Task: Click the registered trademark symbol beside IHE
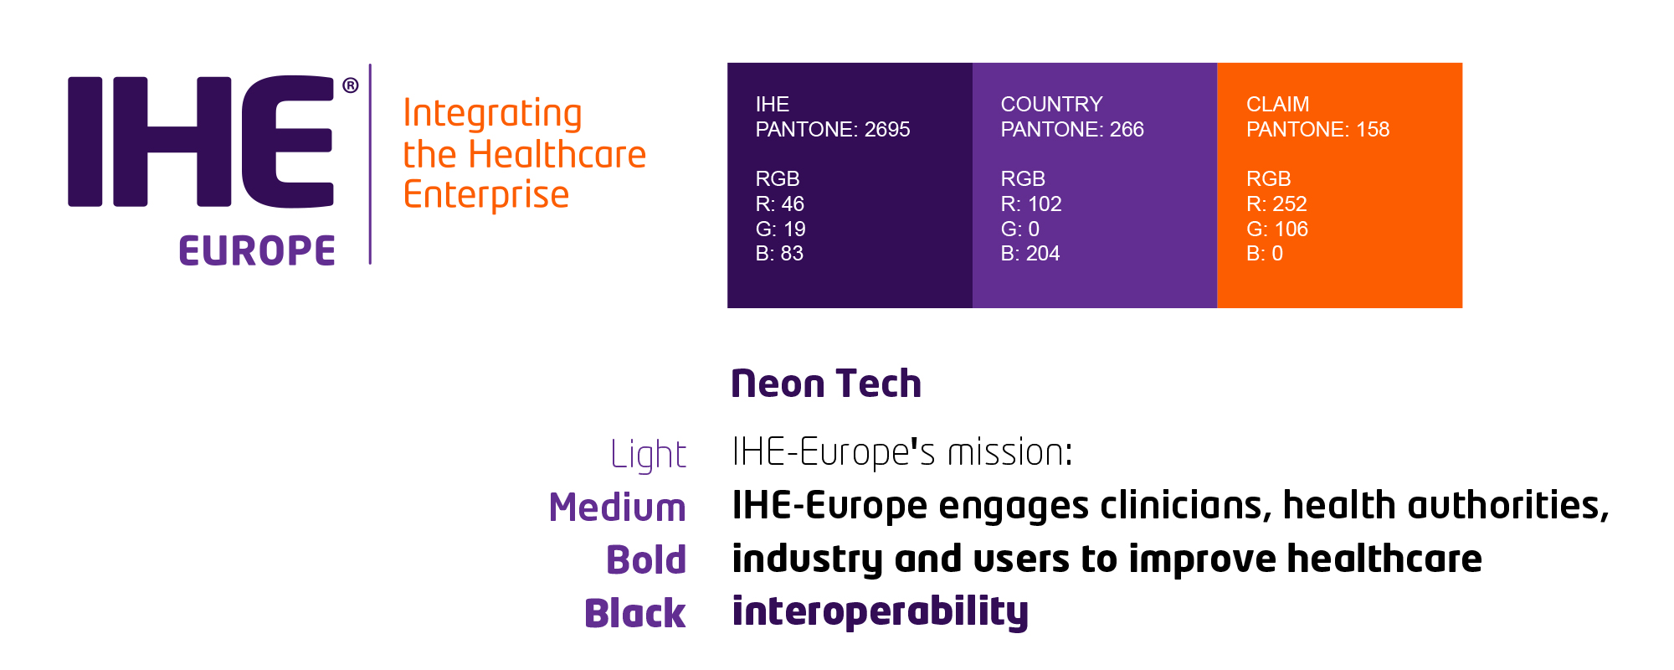click(x=351, y=85)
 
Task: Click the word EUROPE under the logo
click(x=257, y=251)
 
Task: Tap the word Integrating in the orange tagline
click(x=492, y=114)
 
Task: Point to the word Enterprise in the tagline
click(x=486, y=195)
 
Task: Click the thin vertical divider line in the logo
click(x=370, y=164)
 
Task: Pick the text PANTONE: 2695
click(x=833, y=130)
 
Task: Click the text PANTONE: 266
click(x=1072, y=130)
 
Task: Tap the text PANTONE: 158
click(x=1317, y=130)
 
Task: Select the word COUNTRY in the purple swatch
click(x=1052, y=105)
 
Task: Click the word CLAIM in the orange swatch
click(x=1277, y=105)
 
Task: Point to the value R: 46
click(x=780, y=204)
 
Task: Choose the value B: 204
click(x=1030, y=254)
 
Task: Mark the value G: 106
click(x=1277, y=229)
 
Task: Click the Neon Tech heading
click(x=826, y=384)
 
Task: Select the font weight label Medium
click(x=618, y=508)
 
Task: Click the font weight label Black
click(x=635, y=613)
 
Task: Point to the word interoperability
click(x=881, y=611)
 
